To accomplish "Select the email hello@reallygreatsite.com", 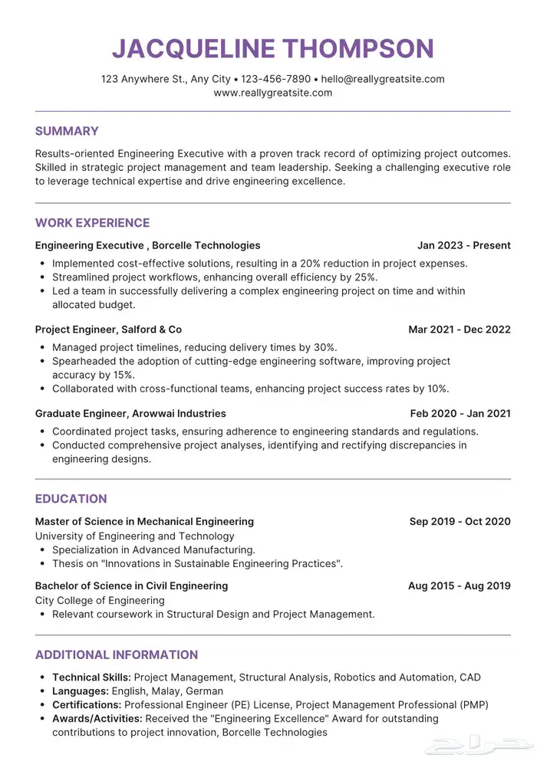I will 383,79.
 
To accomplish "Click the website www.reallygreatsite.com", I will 273,93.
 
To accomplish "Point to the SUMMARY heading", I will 67,131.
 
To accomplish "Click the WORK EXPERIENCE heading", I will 92,223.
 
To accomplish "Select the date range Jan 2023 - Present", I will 463,245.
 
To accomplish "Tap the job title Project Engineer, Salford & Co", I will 108,330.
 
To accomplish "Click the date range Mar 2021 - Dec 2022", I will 459,330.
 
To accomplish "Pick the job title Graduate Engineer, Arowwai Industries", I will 130,413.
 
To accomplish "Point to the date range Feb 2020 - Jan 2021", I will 460,413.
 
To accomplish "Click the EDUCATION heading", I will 71,499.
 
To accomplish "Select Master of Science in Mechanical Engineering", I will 144,521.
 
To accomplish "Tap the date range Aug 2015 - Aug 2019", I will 459,586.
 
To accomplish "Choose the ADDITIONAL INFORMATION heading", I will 117,655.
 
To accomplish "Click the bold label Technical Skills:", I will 91,677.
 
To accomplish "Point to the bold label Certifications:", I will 87,705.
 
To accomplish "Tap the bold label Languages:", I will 81,691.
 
